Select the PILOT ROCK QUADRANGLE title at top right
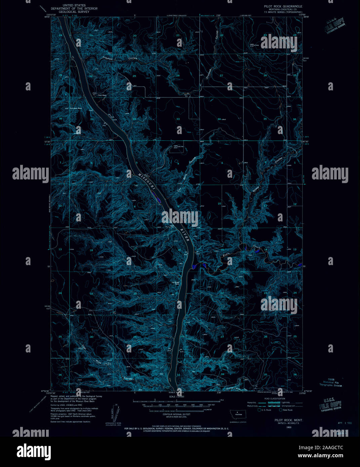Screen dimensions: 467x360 coord(283,6)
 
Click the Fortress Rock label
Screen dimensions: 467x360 coord(76,108)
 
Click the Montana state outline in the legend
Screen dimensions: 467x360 coord(238,413)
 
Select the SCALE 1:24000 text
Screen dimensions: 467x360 coord(177,397)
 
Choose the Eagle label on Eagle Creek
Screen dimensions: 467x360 coord(227,255)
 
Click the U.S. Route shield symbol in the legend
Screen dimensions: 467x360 coord(259,410)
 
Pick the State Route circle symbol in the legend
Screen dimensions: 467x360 coord(280,410)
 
